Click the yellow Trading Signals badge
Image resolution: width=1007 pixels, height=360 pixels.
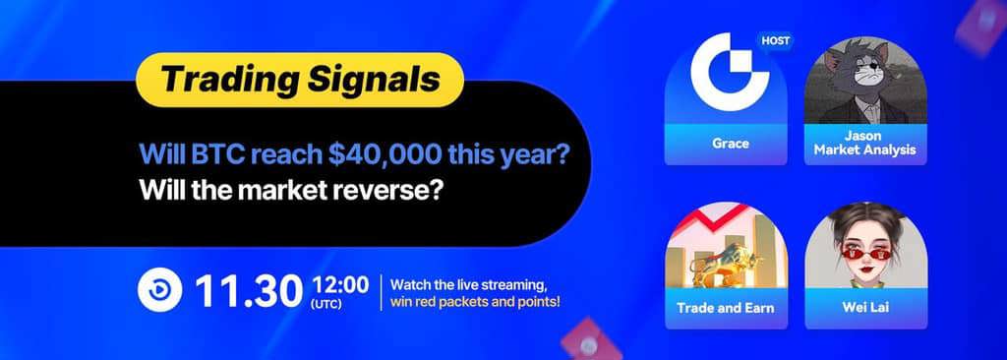299,80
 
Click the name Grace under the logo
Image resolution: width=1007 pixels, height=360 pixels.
731,144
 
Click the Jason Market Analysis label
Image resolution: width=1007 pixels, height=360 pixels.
864,144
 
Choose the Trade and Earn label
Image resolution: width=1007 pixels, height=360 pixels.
725,307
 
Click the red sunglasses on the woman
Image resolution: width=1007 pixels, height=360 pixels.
864,253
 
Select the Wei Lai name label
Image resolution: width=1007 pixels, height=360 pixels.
865,307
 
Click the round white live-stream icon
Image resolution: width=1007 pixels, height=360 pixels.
160,290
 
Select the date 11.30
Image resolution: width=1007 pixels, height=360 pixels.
250,290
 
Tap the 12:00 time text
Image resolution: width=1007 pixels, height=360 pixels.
340,283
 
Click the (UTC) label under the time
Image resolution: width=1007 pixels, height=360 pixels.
326,303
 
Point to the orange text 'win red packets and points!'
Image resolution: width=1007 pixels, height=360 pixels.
475,302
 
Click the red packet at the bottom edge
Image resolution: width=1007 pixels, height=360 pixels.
591,338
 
